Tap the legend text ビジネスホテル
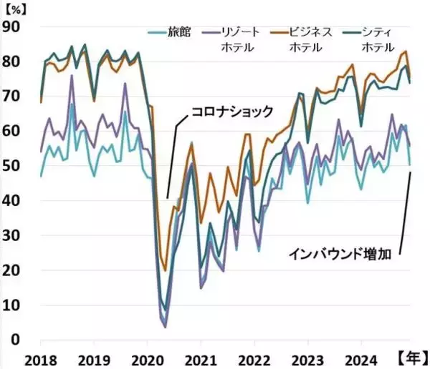(x=310, y=39)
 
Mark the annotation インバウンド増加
(x=340, y=253)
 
